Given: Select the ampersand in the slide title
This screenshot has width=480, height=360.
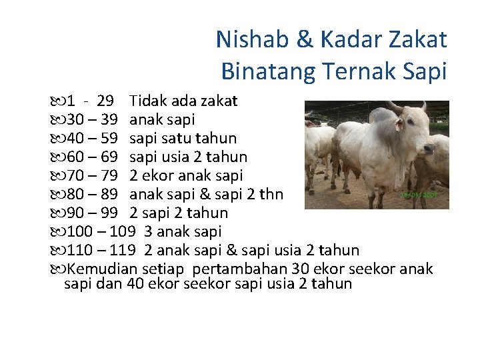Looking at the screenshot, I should click(305, 40).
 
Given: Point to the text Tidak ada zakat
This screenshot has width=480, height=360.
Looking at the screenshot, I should click(183, 101).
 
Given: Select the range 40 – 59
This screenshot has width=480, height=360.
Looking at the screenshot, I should click(93, 139).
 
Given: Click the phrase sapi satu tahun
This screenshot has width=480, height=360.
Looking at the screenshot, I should click(183, 139).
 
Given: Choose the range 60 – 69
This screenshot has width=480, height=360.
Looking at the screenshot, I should click(93, 157).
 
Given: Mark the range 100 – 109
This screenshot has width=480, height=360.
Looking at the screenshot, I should click(101, 232).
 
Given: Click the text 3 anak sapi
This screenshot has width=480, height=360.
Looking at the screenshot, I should click(183, 232).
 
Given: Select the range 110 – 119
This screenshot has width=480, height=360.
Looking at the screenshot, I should click(101, 251).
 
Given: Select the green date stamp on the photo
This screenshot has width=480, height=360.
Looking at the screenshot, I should click(417, 194).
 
